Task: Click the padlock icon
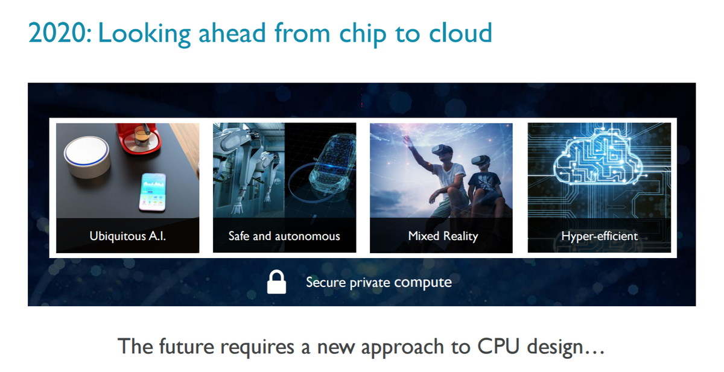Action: tap(276, 282)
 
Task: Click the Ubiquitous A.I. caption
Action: tap(127, 236)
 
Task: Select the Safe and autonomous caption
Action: tap(284, 236)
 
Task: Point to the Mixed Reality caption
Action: tap(442, 236)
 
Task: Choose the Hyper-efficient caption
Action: tap(599, 236)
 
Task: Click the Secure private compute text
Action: tap(378, 282)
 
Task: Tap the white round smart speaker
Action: tap(87, 155)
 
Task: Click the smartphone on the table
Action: tap(153, 192)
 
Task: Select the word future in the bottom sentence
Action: tap(182, 347)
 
